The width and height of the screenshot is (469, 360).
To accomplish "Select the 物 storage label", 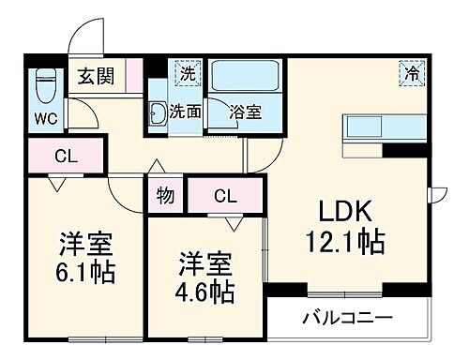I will pos(165,196).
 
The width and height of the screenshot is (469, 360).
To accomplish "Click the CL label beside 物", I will pos(224,196).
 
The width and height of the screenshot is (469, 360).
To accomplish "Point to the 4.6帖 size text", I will pos(205,291).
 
